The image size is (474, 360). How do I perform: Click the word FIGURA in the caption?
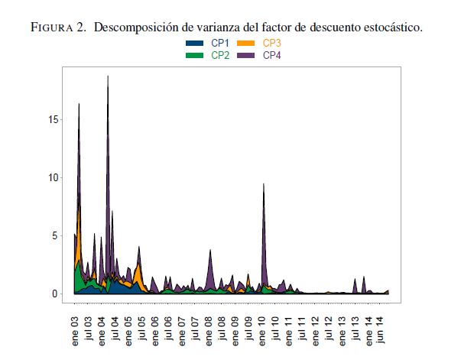click(54, 28)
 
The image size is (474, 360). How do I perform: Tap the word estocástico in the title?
click(388, 28)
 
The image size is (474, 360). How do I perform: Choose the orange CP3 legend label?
click(271, 44)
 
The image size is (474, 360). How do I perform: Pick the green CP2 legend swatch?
click(195, 56)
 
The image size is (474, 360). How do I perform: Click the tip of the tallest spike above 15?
click(108, 76)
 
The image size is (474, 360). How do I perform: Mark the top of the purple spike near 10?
click(264, 184)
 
